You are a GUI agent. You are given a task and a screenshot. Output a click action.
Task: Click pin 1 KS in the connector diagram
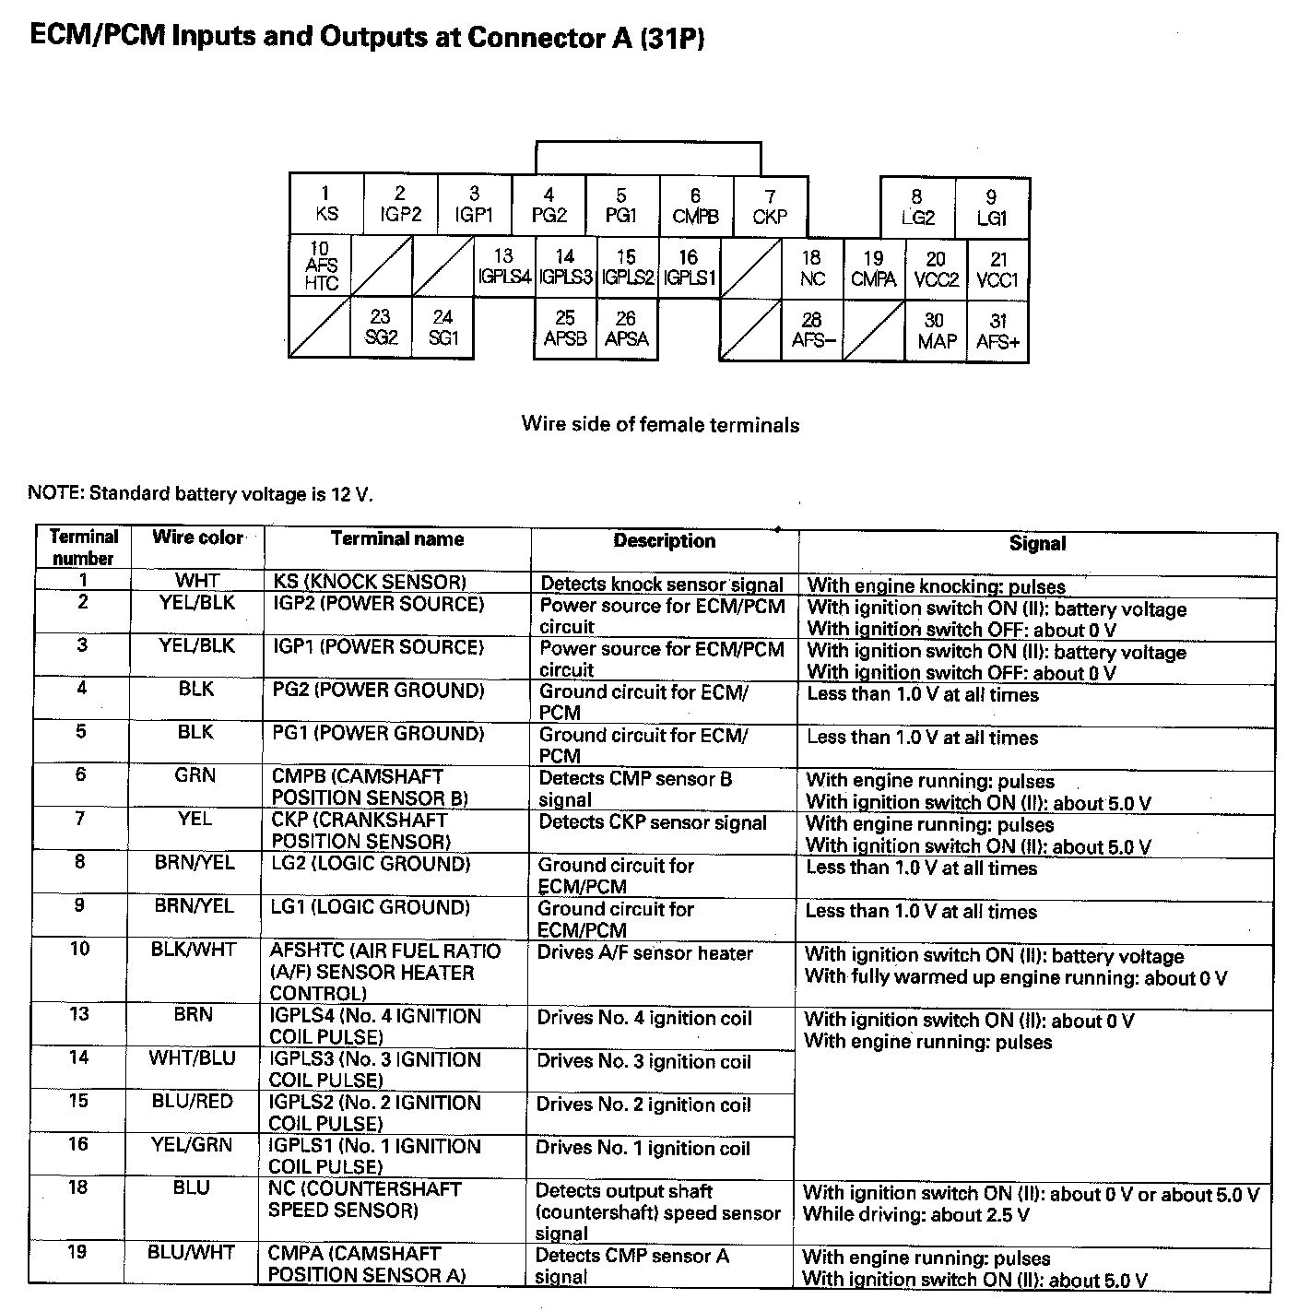click(x=326, y=204)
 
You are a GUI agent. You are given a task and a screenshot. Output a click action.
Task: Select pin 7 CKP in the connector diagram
click(x=770, y=207)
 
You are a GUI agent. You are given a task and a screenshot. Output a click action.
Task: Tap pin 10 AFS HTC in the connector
click(x=321, y=266)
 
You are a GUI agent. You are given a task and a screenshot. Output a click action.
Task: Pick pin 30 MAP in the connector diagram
click(x=937, y=330)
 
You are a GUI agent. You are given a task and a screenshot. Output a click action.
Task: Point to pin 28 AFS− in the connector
click(x=812, y=330)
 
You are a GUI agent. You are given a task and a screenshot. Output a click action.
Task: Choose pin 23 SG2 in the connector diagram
click(x=381, y=327)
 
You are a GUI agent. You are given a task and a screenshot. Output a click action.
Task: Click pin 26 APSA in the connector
click(x=627, y=328)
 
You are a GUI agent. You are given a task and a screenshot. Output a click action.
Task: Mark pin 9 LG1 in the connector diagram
click(x=992, y=207)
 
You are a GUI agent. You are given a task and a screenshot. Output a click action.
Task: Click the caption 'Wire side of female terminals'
click(x=660, y=424)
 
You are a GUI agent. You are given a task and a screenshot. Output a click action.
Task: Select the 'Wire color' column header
click(x=198, y=537)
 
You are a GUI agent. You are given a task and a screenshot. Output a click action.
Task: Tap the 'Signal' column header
click(x=1037, y=543)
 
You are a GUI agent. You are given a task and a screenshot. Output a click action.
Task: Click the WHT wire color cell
click(x=197, y=581)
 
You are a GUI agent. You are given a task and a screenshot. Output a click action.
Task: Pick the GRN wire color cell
click(x=195, y=775)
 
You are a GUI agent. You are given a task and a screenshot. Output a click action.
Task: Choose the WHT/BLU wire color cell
click(x=193, y=1058)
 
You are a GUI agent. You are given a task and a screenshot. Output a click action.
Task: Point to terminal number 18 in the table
click(x=78, y=1187)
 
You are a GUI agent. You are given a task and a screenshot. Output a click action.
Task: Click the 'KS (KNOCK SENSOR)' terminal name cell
click(x=370, y=582)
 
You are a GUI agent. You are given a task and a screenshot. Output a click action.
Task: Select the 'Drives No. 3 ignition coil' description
click(x=643, y=1062)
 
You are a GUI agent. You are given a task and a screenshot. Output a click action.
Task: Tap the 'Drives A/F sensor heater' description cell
click(x=644, y=953)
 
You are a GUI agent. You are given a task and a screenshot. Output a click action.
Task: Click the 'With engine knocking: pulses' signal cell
click(x=936, y=586)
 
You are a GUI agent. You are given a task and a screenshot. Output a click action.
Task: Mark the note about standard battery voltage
click(x=201, y=493)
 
